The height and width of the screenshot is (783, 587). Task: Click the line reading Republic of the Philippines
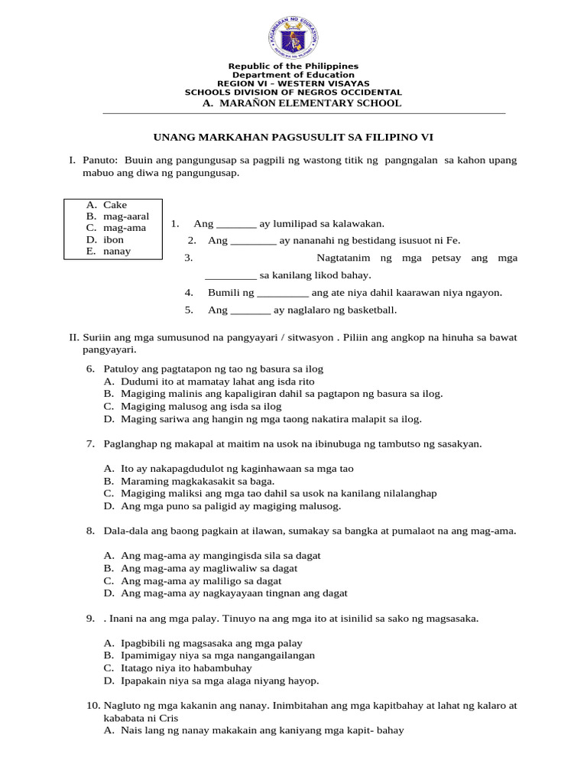(x=293, y=67)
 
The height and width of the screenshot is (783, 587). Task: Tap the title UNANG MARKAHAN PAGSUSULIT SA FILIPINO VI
(x=293, y=137)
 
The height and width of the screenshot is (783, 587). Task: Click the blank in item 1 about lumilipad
(x=236, y=224)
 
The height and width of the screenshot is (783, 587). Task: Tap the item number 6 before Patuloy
(x=89, y=369)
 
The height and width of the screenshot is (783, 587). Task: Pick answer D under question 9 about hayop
(x=220, y=681)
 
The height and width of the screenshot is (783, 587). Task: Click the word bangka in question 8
(x=363, y=531)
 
